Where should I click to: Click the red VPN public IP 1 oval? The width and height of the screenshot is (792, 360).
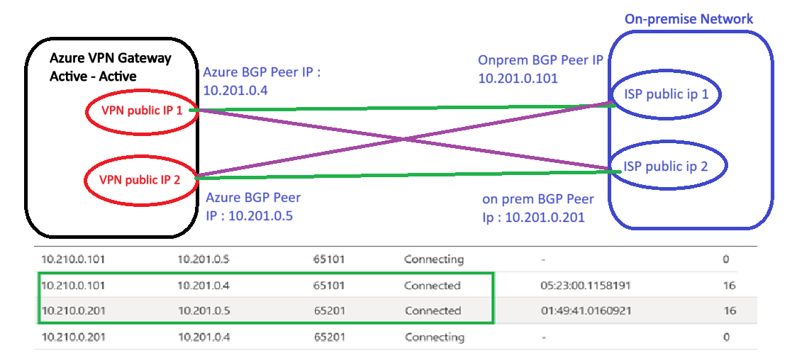[x=142, y=111]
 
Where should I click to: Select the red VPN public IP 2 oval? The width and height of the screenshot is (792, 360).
[x=140, y=179]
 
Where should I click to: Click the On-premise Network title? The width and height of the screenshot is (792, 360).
[x=688, y=19]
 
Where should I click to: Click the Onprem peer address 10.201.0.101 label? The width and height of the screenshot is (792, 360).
[x=518, y=78]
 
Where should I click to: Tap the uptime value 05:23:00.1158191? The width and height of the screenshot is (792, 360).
[x=586, y=286]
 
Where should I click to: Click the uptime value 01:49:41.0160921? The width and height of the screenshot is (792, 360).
[x=586, y=310]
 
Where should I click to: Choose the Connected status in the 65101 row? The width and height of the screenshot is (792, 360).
[x=433, y=286]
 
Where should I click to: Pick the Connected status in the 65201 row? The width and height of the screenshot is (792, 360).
[x=433, y=310]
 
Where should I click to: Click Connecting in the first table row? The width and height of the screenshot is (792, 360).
[x=434, y=259]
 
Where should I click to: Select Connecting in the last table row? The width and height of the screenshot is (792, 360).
[x=434, y=337]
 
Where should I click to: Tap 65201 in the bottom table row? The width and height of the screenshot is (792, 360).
[x=329, y=337]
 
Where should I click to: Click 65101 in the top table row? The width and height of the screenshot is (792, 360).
[x=329, y=259]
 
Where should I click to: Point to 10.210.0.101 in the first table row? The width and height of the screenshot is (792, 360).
[x=73, y=259]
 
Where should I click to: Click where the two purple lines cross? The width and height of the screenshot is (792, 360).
[x=403, y=140]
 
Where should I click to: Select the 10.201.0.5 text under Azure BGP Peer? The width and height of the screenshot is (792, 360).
[x=257, y=215]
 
